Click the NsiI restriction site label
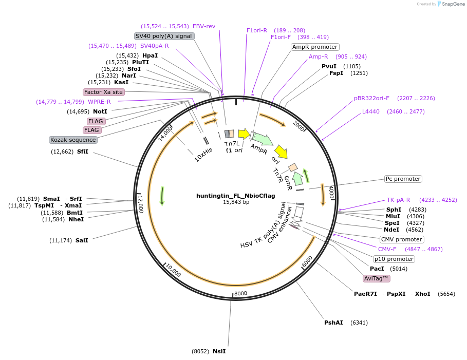219,351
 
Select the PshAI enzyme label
333,323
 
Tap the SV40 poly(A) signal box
164,36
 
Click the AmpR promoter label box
315,47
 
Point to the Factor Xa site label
104,92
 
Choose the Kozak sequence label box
73,140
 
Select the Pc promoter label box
403,179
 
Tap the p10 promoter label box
394,259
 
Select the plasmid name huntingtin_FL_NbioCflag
235,196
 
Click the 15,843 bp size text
236,202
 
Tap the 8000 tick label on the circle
240,293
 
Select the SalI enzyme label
82,240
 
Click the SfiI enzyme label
82,151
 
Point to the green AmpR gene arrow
263,139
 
